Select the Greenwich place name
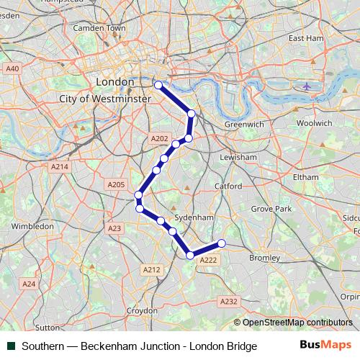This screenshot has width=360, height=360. (x=244, y=124)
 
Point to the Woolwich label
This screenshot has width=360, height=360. (x=314, y=123)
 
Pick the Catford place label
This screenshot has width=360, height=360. (x=228, y=186)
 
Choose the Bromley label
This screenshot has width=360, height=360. (x=263, y=257)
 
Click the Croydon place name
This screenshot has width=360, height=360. (x=142, y=310)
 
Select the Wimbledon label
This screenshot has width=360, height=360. (x=32, y=225)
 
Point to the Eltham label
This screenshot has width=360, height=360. (x=306, y=176)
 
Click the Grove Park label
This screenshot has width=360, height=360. (x=271, y=209)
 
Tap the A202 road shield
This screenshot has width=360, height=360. (x=159, y=138)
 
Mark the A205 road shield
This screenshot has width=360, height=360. (x=116, y=185)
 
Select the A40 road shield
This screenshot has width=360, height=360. (x=12, y=68)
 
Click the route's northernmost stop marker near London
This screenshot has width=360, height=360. (x=158, y=85)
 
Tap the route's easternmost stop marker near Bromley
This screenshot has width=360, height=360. (x=222, y=243)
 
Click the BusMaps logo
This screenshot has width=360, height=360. (x=325, y=345)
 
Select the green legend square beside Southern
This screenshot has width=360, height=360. (x=11, y=346)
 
